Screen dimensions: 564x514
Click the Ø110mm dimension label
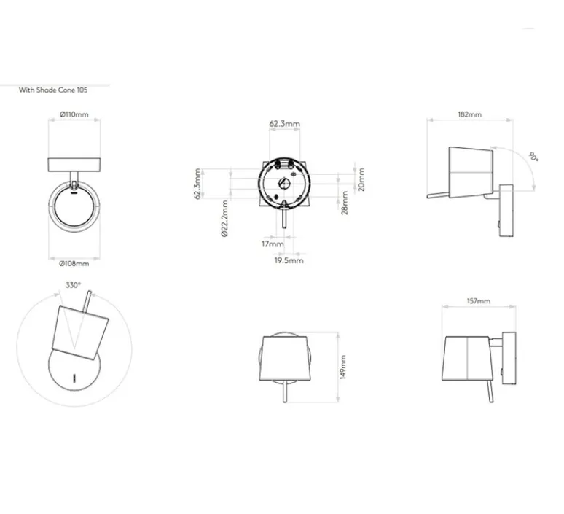click(74, 114)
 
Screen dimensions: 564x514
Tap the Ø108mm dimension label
click(74, 263)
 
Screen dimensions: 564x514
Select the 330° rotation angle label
click(73, 285)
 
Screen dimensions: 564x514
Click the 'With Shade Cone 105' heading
click(53, 90)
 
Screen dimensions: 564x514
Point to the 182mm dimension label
click(470, 114)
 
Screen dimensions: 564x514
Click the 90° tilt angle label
click(534, 157)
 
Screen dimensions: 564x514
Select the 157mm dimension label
click(479, 301)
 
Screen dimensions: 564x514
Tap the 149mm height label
click(342, 367)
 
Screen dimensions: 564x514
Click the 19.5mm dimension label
click(289, 260)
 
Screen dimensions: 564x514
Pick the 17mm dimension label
click(273, 244)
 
